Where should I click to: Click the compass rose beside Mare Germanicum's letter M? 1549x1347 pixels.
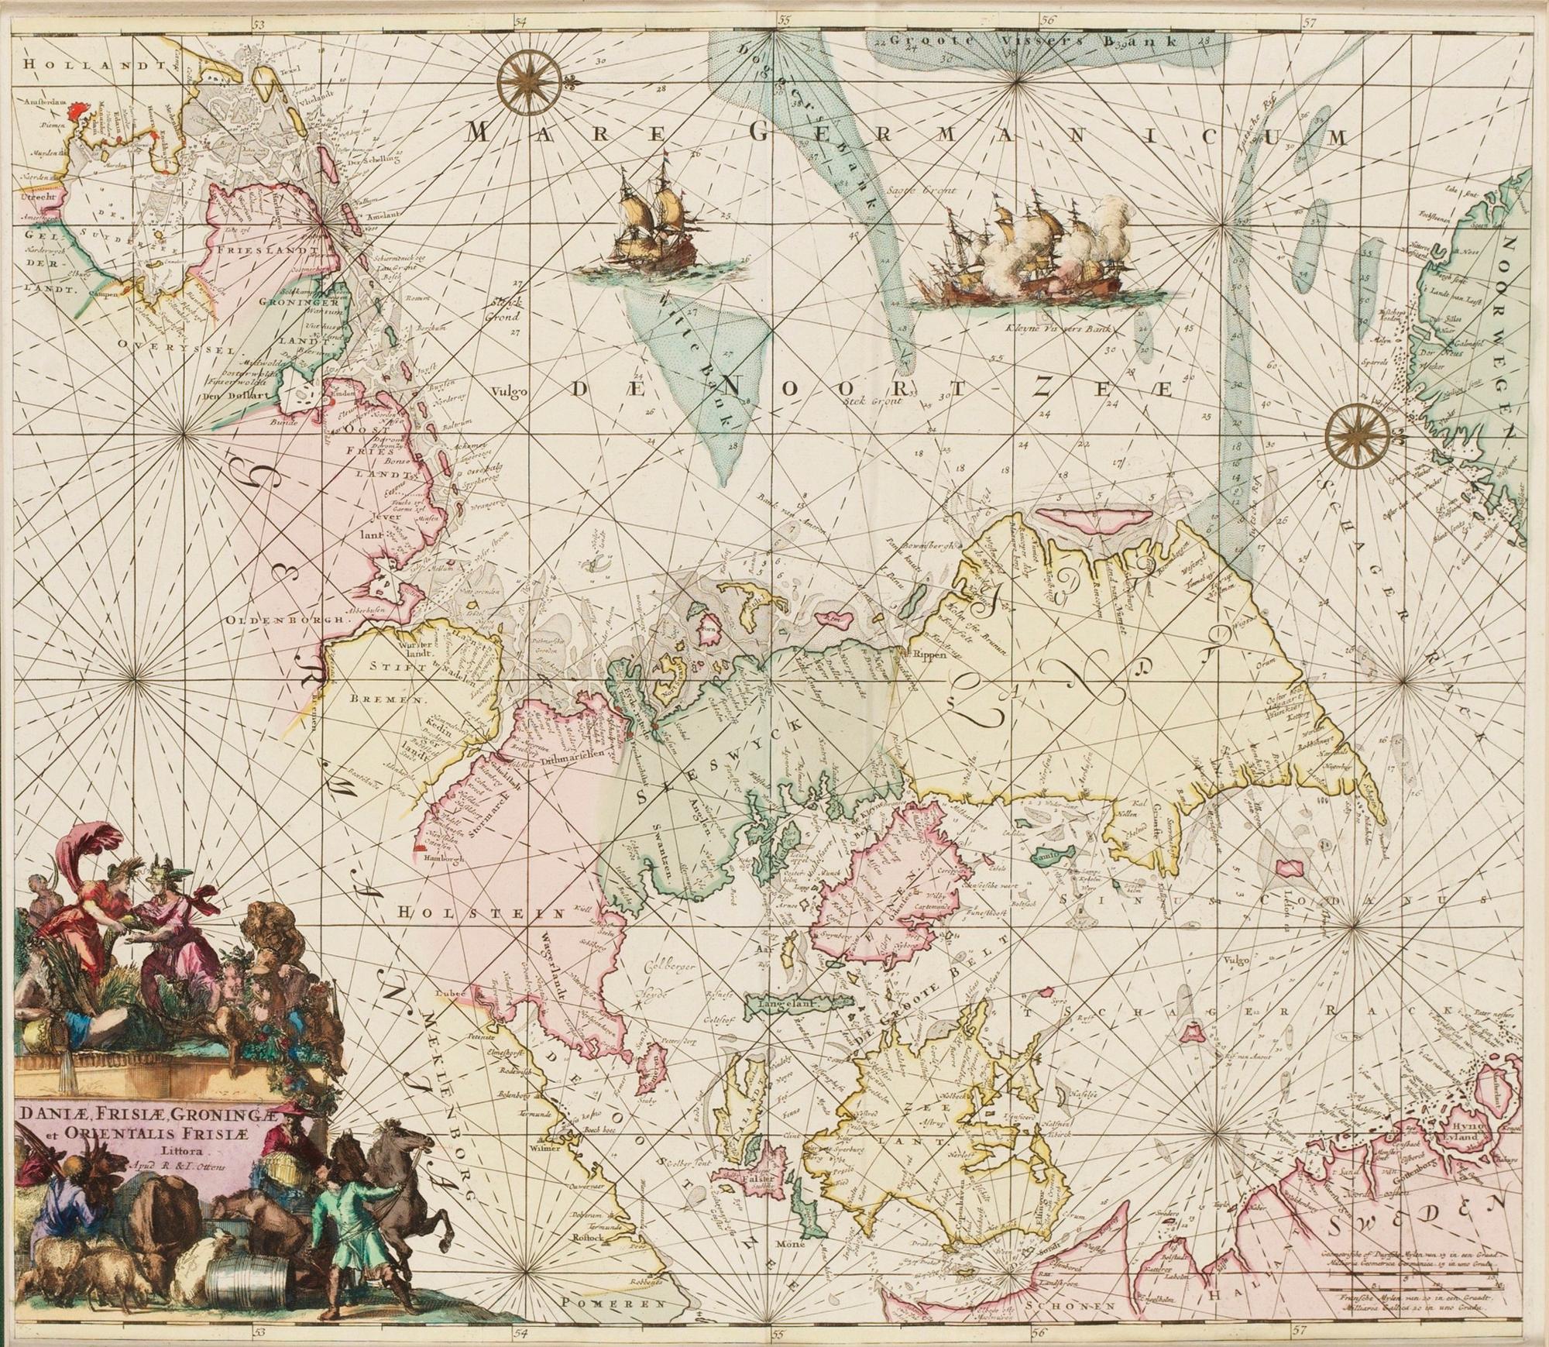pos(525,81)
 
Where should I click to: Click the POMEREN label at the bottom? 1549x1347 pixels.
pos(612,1304)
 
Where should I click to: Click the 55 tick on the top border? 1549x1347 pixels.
pos(785,22)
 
